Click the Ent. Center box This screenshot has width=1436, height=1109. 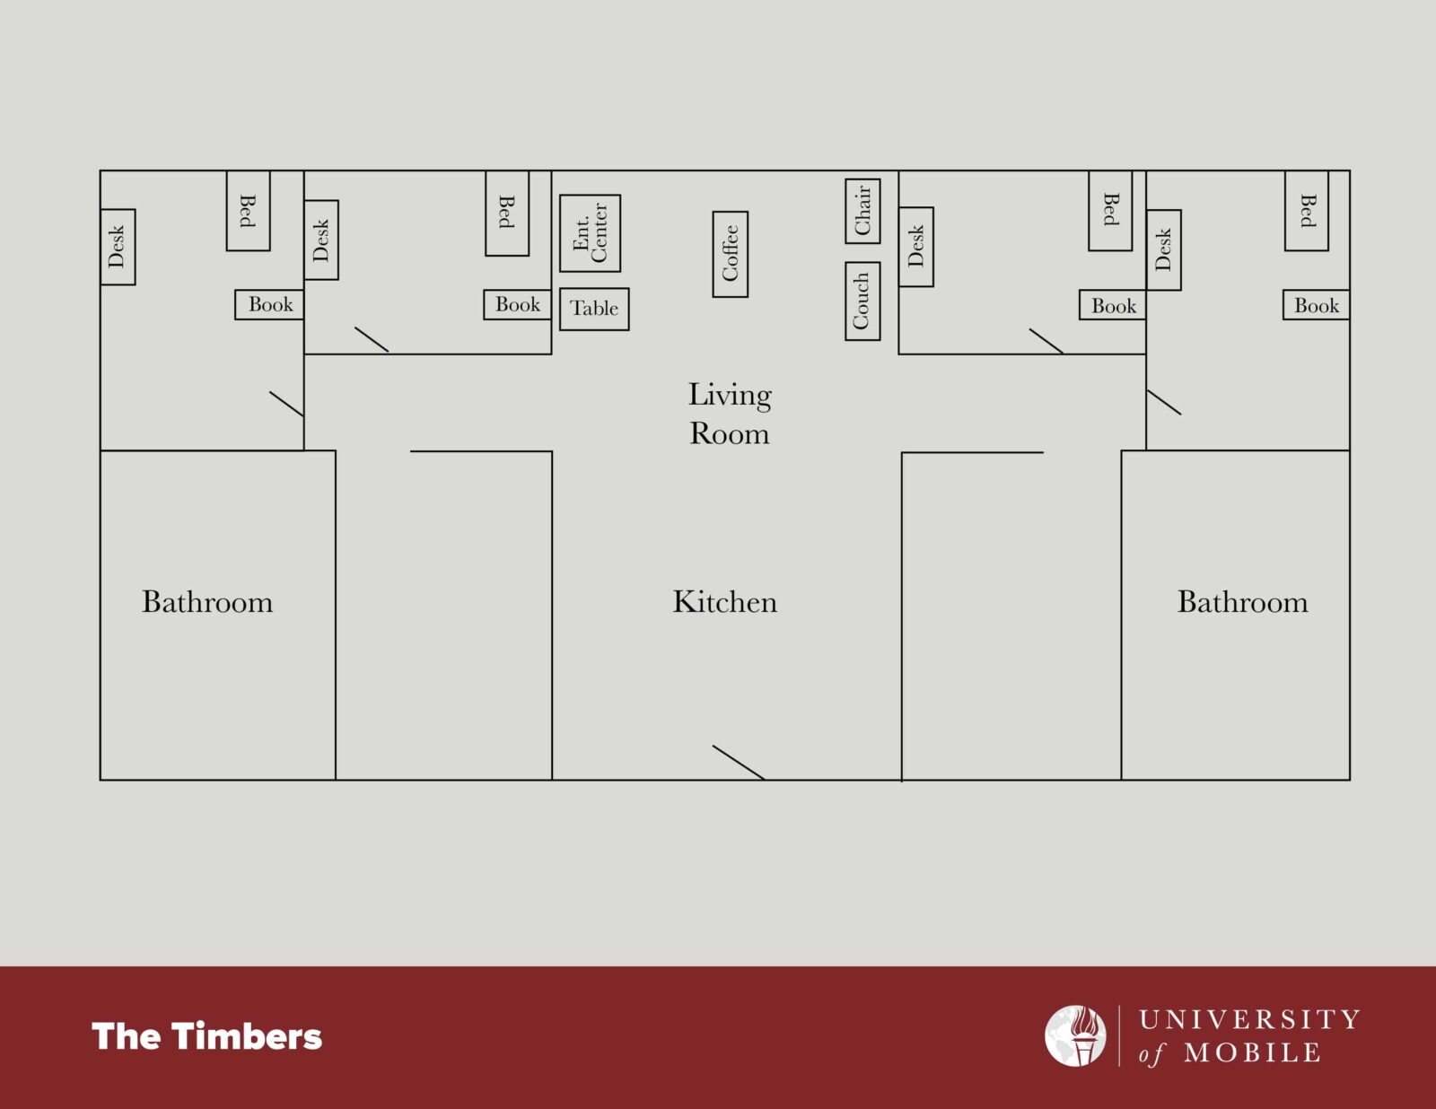coord(590,233)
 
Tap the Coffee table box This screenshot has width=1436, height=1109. coord(730,254)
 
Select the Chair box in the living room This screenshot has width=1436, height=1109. coord(862,211)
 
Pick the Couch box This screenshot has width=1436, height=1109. coord(862,301)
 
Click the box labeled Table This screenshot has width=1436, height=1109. coord(594,309)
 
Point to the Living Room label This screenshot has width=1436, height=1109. coord(730,415)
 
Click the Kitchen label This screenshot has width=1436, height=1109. coord(724,602)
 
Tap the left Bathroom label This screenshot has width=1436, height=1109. coord(206,602)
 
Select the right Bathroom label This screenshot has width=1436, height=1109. coord(1242,602)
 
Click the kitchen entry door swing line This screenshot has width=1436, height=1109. coord(738,763)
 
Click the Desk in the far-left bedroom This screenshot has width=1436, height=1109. coord(118,247)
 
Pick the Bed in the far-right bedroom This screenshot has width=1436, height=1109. coord(1306,211)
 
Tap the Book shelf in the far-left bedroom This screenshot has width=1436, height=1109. coord(269,304)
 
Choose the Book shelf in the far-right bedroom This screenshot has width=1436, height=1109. coord(1316,305)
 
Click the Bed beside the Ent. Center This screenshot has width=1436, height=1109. coord(507,213)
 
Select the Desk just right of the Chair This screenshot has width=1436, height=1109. coord(916,247)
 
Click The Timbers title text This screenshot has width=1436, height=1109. coord(206,1036)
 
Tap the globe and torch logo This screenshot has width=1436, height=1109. coord(1075,1035)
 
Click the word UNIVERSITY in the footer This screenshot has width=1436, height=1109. coord(1249,1020)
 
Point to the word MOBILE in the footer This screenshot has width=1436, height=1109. coord(1252,1052)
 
